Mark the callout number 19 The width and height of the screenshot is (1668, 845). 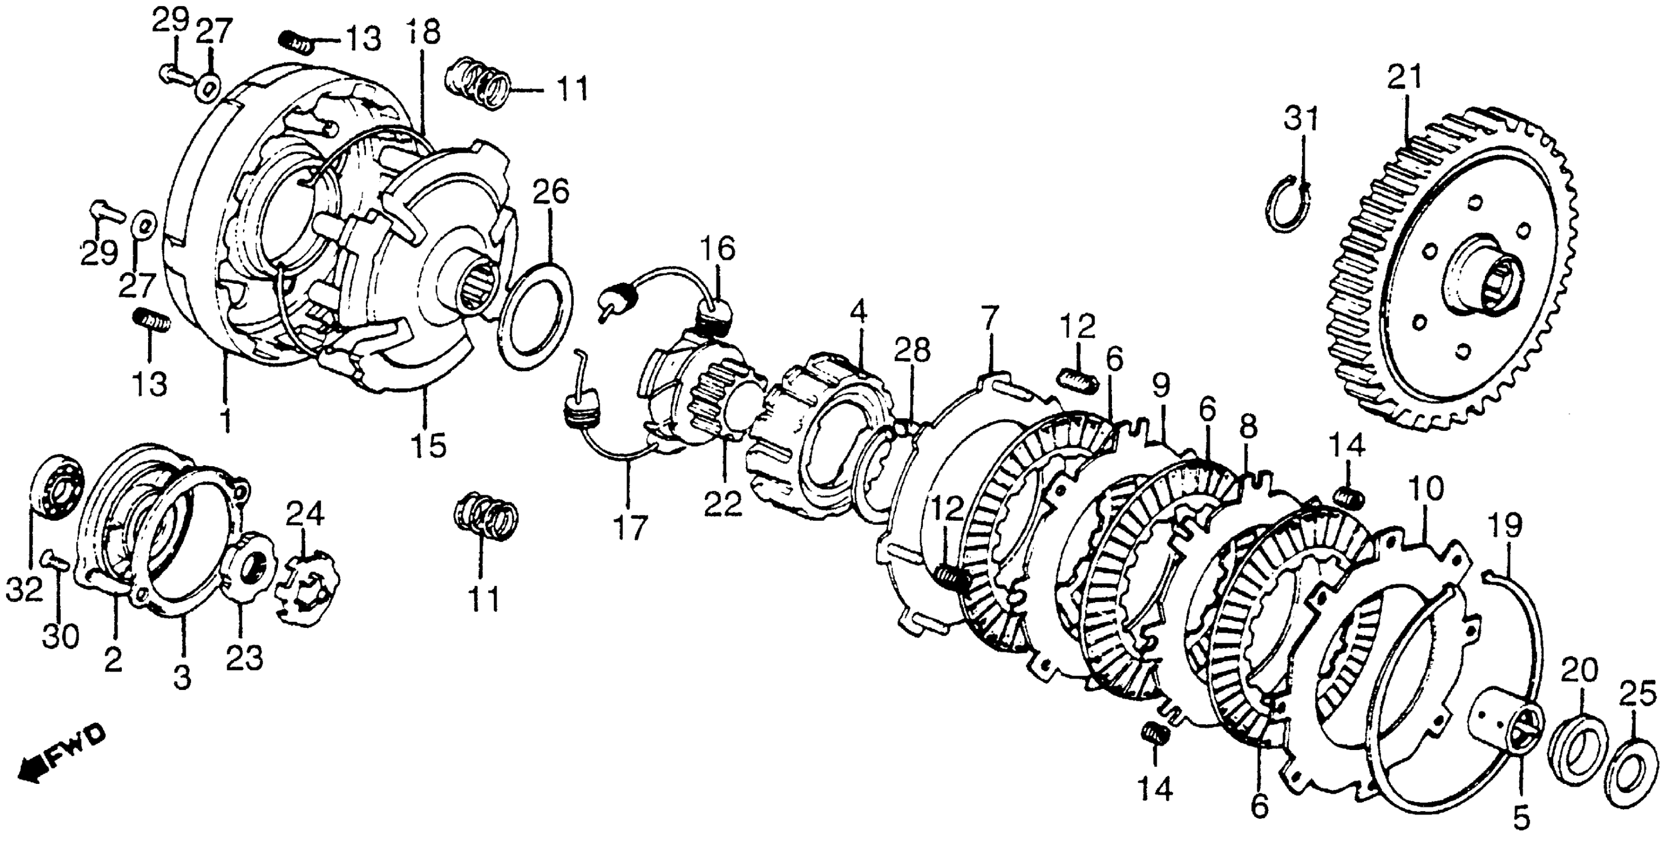click(1503, 528)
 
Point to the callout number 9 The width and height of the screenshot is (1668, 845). click(1161, 386)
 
